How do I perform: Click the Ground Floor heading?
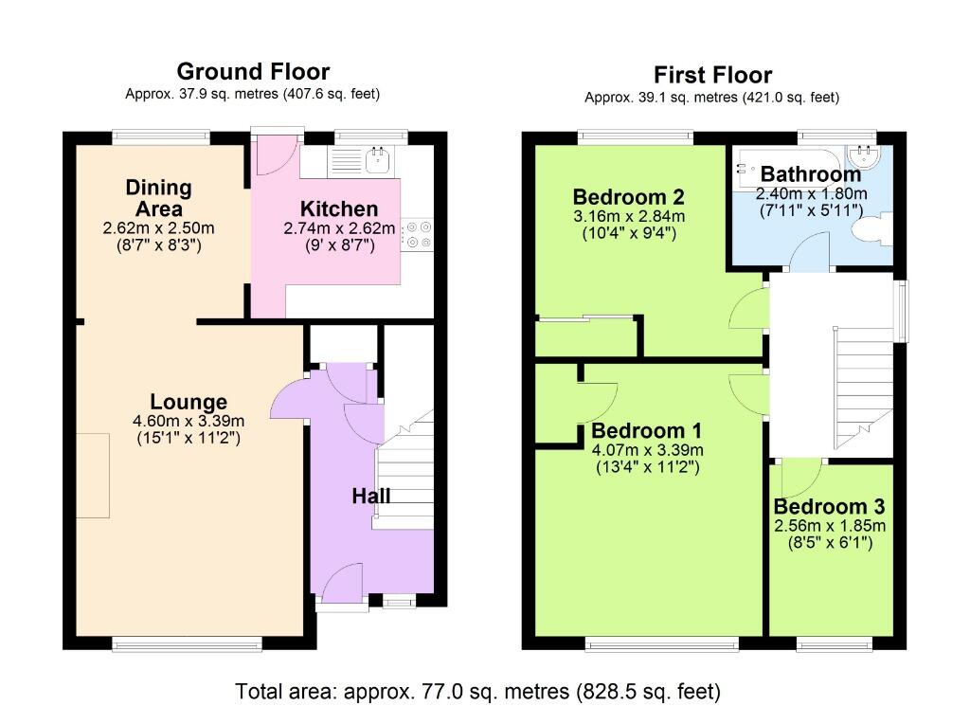pyautogui.click(x=253, y=71)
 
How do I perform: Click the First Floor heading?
pyautogui.click(x=712, y=75)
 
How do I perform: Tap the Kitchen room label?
pyautogui.click(x=339, y=208)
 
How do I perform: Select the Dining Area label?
pyautogui.click(x=159, y=198)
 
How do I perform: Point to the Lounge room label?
pyautogui.click(x=188, y=402)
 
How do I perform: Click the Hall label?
pyautogui.click(x=371, y=496)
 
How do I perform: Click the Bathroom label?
pyautogui.click(x=811, y=174)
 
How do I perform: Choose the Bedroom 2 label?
pyautogui.click(x=628, y=197)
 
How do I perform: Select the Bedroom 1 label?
pyautogui.click(x=646, y=430)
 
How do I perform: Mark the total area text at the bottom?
pyautogui.click(x=478, y=690)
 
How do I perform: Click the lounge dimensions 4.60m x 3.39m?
pyautogui.click(x=189, y=422)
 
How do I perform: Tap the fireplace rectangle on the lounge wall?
pyautogui.click(x=93, y=475)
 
